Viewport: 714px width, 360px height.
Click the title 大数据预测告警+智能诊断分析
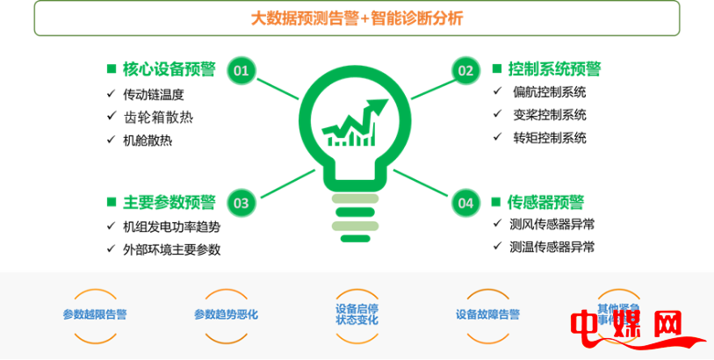click(x=356, y=18)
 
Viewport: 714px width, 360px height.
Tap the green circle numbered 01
click(x=242, y=70)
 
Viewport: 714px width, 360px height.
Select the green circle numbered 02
click(x=465, y=70)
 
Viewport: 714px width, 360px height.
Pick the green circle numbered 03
click(x=242, y=203)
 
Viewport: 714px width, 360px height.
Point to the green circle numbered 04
click(x=465, y=203)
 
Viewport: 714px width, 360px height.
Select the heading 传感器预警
click(x=545, y=202)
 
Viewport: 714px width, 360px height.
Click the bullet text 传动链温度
click(x=155, y=93)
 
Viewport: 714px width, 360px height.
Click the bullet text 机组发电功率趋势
click(x=172, y=227)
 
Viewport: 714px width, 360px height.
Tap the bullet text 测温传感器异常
click(x=552, y=247)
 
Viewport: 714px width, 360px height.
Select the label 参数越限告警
click(x=95, y=314)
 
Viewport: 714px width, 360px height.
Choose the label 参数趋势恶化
click(x=227, y=314)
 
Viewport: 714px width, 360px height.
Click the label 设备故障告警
click(x=488, y=314)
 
